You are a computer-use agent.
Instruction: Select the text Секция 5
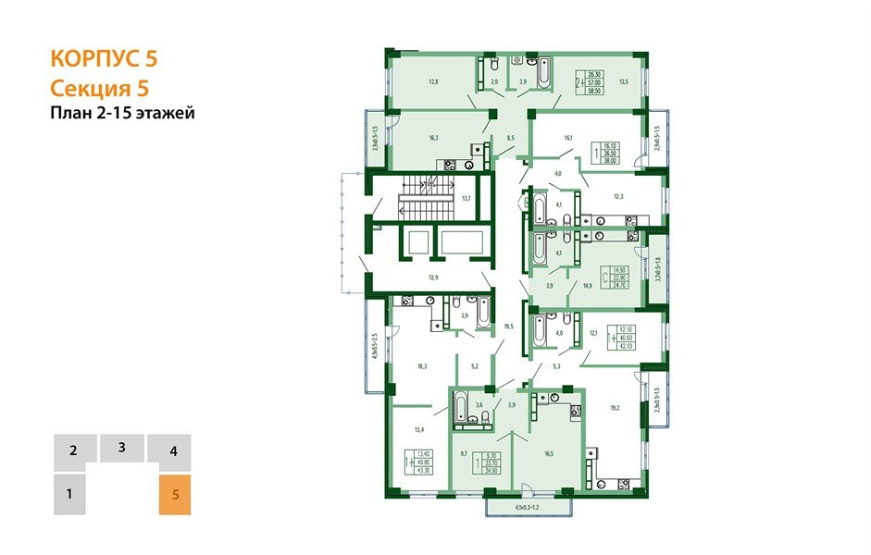tap(98, 88)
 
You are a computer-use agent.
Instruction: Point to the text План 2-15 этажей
tap(121, 113)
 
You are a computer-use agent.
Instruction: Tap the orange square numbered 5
tap(175, 495)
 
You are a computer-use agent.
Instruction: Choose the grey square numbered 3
tap(122, 448)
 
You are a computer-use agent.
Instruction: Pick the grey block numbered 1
tap(69, 495)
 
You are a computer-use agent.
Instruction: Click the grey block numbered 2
tap(72, 452)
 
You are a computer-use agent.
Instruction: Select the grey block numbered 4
tap(173, 452)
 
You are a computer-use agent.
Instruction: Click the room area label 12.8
tap(432, 81)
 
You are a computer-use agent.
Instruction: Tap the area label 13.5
tap(623, 81)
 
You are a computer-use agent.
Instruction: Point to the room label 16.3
tap(433, 138)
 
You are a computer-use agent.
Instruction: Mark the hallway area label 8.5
tap(510, 138)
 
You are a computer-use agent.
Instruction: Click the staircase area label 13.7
tap(466, 199)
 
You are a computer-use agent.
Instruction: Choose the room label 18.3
tap(422, 366)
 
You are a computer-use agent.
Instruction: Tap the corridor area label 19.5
tap(508, 326)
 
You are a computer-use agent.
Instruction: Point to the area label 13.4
tap(419, 429)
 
